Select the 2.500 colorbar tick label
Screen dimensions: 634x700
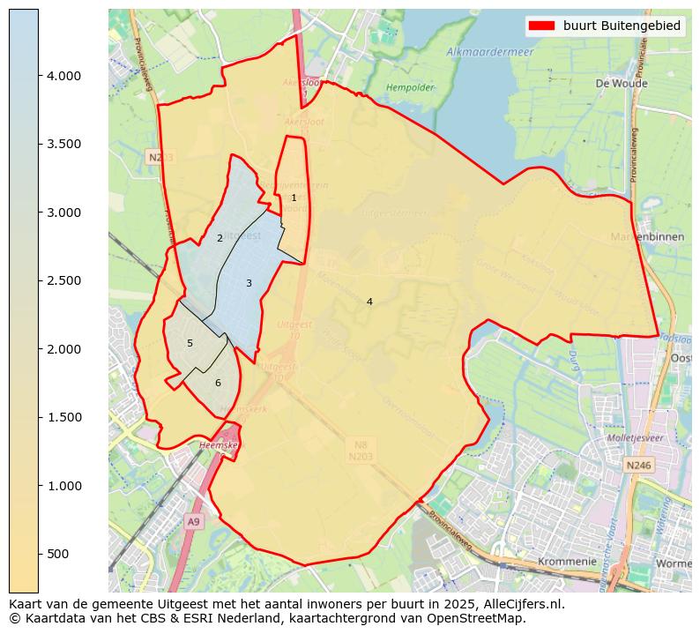(x=63, y=281)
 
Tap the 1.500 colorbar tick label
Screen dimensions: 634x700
(x=63, y=418)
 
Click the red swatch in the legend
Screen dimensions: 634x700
(x=541, y=26)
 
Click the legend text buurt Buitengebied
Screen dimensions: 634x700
(x=622, y=26)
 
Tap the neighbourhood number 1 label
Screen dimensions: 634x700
(x=294, y=198)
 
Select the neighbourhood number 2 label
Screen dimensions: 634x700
(x=220, y=239)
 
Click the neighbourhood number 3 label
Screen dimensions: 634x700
(x=249, y=283)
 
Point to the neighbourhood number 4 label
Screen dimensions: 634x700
(x=369, y=302)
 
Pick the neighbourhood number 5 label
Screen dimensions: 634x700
(x=190, y=343)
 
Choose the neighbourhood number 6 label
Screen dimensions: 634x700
(x=218, y=383)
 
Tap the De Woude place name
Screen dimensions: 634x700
(x=615, y=84)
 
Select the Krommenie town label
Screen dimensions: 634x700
(x=567, y=561)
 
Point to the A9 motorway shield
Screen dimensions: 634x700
(x=194, y=522)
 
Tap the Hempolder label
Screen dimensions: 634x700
(x=410, y=88)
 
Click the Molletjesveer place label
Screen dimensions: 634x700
(x=635, y=437)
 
